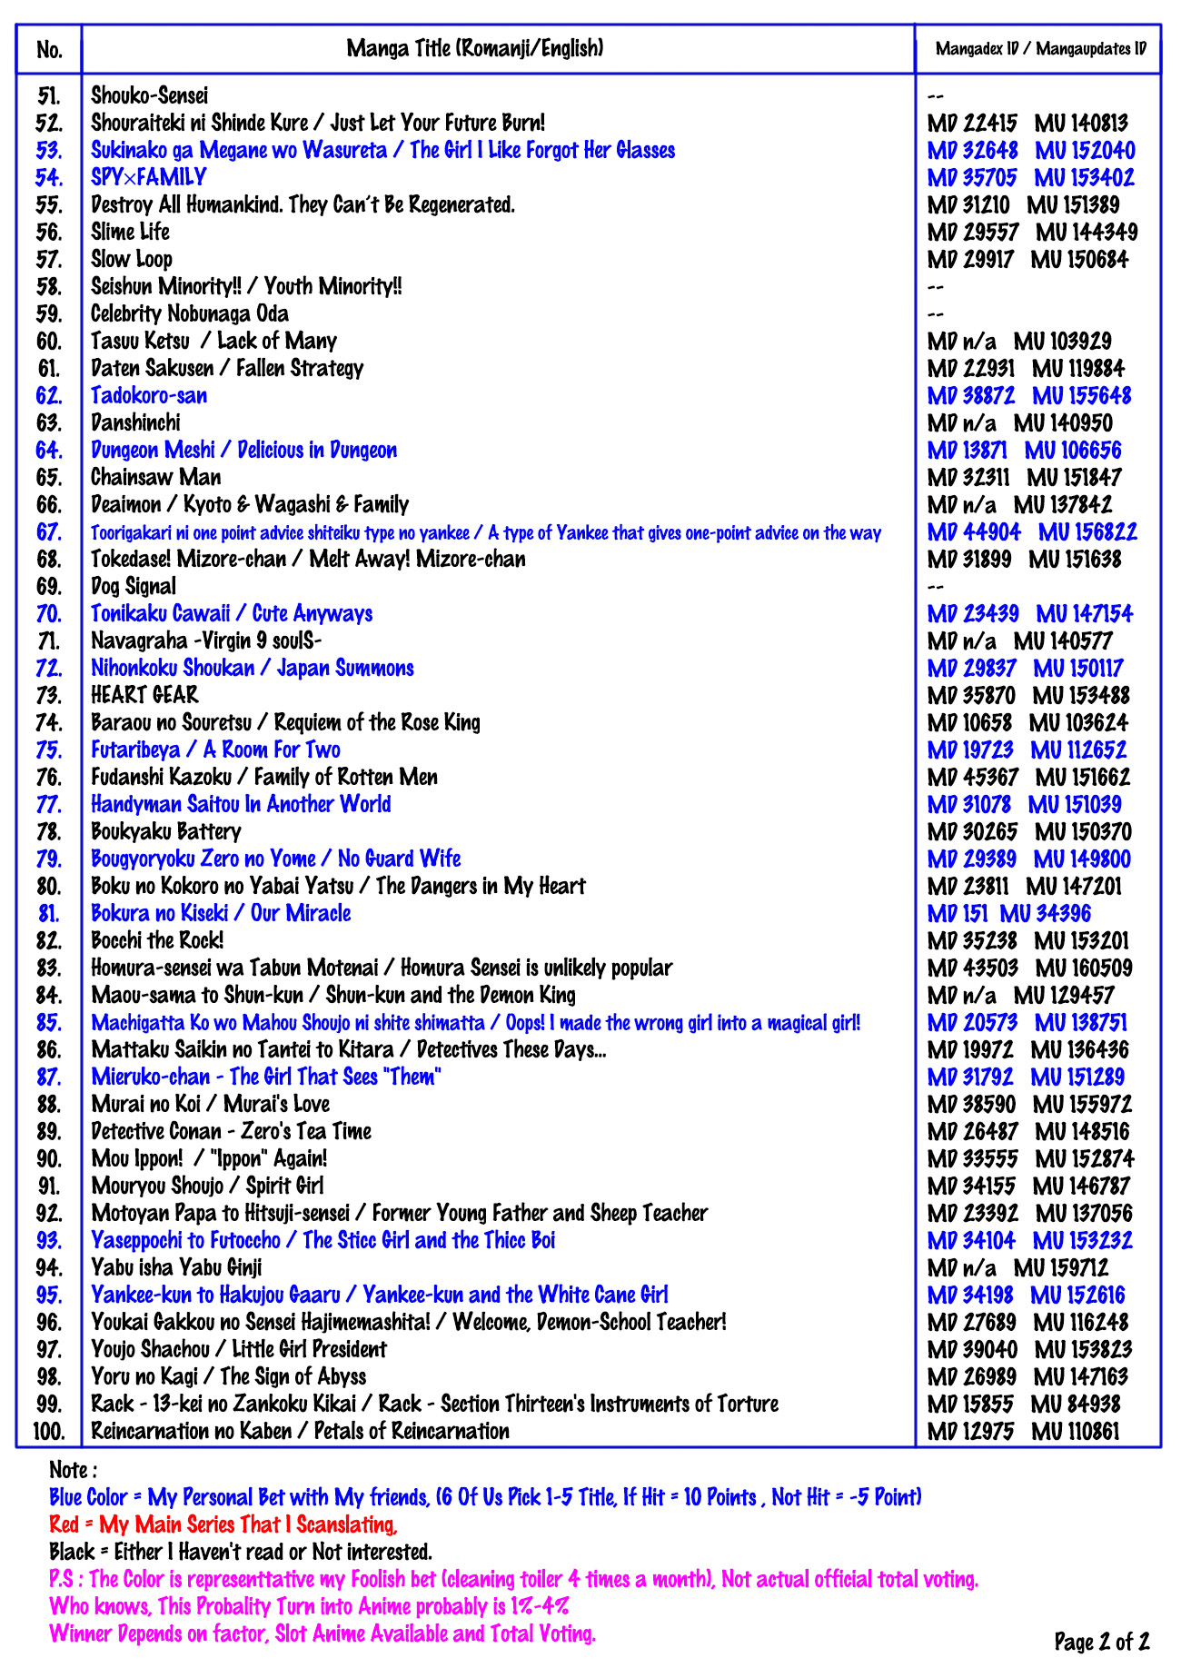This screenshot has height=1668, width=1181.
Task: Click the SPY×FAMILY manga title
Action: pyautogui.click(x=148, y=177)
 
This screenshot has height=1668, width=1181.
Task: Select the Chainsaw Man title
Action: pyautogui.click(x=155, y=477)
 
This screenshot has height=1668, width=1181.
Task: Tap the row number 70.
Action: pyautogui.click(x=49, y=614)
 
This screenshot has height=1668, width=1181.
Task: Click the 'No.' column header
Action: pyautogui.click(x=49, y=49)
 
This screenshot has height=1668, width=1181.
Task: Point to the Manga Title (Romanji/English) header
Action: pyautogui.click(x=474, y=48)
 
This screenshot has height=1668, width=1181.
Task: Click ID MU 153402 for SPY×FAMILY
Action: pyautogui.click(x=1084, y=178)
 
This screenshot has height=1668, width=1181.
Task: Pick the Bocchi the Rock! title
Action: pyautogui.click(x=157, y=940)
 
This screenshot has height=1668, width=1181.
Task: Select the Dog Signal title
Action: pyautogui.click(x=134, y=587)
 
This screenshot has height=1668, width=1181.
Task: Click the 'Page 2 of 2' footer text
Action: pyautogui.click(x=1101, y=1641)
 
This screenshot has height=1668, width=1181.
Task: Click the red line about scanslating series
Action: pyautogui.click(x=223, y=1524)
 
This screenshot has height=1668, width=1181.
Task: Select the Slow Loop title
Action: pyautogui.click(x=131, y=260)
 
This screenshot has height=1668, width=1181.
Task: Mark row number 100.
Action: pyautogui.click(x=49, y=1432)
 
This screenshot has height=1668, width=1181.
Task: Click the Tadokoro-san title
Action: pyautogui.click(x=149, y=396)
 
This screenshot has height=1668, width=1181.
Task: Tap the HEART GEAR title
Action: pyautogui.click(x=144, y=695)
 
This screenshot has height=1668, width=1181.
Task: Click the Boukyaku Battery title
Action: pyautogui.click(x=166, y=831)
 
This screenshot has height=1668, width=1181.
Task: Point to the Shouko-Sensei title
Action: pyautogui.click(x=149, y=95)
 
